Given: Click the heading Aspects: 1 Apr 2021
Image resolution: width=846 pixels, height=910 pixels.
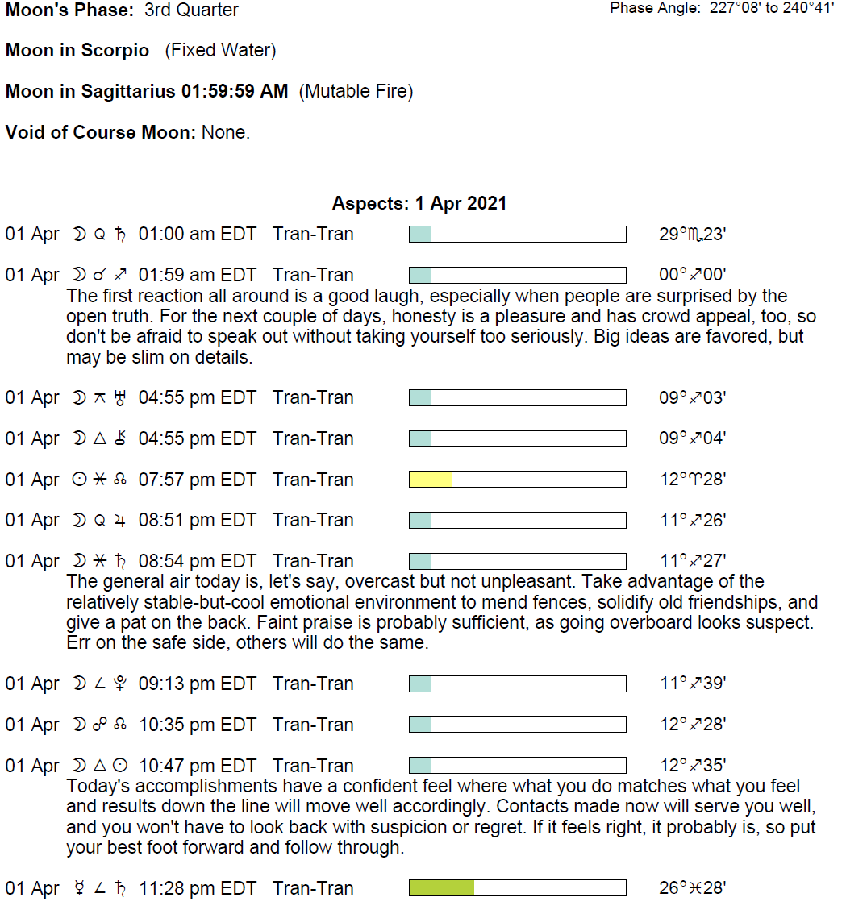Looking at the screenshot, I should pyautogui.click(x=419, y=203).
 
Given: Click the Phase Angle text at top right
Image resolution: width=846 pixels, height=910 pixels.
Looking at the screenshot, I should pyautogui.click(x=722, y=8).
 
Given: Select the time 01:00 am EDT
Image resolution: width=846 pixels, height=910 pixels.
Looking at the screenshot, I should pyautogui.click(x=197, y=235).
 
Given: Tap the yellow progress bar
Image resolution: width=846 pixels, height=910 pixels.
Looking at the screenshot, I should pyautogui.click(x=431, y=480).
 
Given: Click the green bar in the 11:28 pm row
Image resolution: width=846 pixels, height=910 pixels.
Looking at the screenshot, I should pyautogui.click(x=441, y=888).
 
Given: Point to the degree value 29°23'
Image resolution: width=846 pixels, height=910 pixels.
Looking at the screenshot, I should pyautogui.click(x=692, y=235).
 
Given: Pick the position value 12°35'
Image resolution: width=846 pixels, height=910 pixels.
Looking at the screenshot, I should pyautogui.click(x=692, y=766).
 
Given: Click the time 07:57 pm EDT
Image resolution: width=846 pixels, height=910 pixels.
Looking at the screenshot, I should pyautogui.click(x=197, y=480).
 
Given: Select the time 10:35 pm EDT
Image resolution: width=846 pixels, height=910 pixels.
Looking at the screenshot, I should pyautogui.click(x=197, y=725).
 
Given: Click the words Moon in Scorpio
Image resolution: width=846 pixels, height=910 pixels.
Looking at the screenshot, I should pyautogui.click(x=77, y=51).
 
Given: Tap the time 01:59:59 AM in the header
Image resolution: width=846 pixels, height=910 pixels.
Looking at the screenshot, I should pyautogui.click(x=235, y=92).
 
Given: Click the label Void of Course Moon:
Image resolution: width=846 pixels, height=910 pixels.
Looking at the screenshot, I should pyautogui.click(x=101, y=132).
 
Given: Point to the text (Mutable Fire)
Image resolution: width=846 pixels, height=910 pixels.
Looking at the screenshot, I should pyautogui.click(x=356, y=92).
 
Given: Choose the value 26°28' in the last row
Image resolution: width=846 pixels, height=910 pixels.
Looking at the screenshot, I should pyautogui.click(x=692, y=888).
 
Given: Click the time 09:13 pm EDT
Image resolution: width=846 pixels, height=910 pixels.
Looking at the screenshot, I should pyautogui.click(x=197, y=684).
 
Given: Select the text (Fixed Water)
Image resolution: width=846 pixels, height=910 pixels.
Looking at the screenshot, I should pyautogui.click(x=220, y=51).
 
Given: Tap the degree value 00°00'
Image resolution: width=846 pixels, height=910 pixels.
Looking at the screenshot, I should pyautogui.click(x=692, y=275).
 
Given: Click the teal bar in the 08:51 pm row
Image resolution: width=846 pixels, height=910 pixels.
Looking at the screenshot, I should pyautogui.click(x=420, y=520).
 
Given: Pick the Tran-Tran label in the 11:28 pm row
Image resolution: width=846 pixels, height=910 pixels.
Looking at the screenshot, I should pyautogui.click(x=313, y=888).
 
